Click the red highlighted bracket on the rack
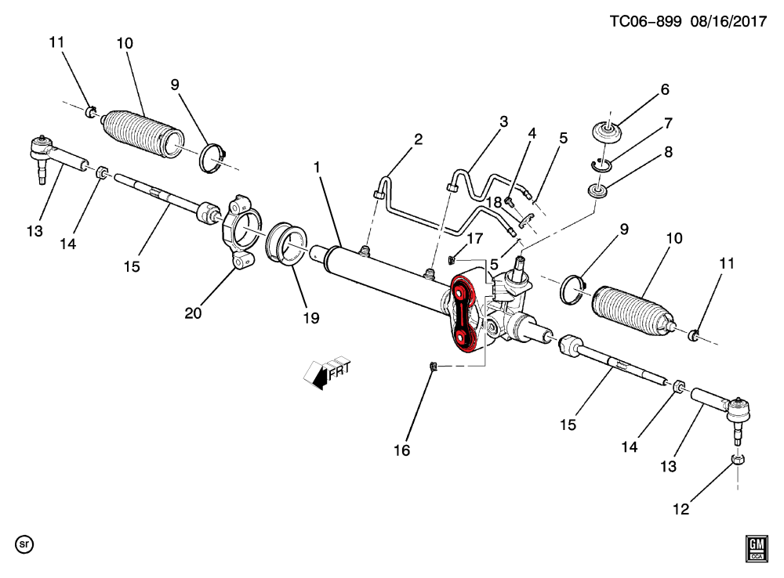coord(463,314)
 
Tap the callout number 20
coord(193,313)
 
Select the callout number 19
coord(311,318)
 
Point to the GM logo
coord(757,548)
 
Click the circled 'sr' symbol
coord(24,544)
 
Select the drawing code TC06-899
coord(645,21)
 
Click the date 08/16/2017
coord(728,21)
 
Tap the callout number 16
coord(401,450)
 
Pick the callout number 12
coord(681,509)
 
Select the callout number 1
coord(317,168)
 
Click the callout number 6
coord(665,89)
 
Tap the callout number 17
coord(474,238)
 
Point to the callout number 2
coord(418,139)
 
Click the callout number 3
coord(503,121)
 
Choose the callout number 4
coord(532,133)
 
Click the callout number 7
coord(669,123)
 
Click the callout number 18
coord(494,202)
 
